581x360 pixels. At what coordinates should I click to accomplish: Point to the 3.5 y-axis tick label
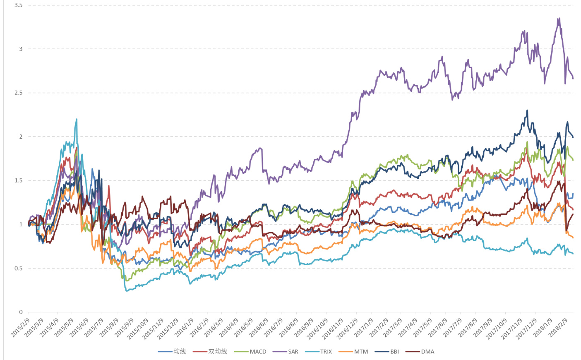[19, 5]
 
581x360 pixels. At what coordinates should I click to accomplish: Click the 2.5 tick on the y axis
[19, 93]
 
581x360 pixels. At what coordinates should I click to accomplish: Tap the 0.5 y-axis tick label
[19, 268]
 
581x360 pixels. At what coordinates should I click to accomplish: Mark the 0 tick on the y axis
[21, 312]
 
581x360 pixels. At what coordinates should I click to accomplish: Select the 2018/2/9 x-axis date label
[559, 327]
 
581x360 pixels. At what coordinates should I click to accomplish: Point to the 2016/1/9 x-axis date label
[185, 327]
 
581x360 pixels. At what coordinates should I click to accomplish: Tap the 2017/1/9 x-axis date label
[364, 327]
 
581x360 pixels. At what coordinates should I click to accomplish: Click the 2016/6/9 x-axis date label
[259, 327]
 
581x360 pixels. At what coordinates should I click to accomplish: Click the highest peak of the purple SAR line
[559, 18]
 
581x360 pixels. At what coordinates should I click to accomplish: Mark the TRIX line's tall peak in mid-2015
[77, 119]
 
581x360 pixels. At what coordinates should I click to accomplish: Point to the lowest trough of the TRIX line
[127, 291]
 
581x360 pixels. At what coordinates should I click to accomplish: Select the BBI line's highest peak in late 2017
[527, 110]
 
